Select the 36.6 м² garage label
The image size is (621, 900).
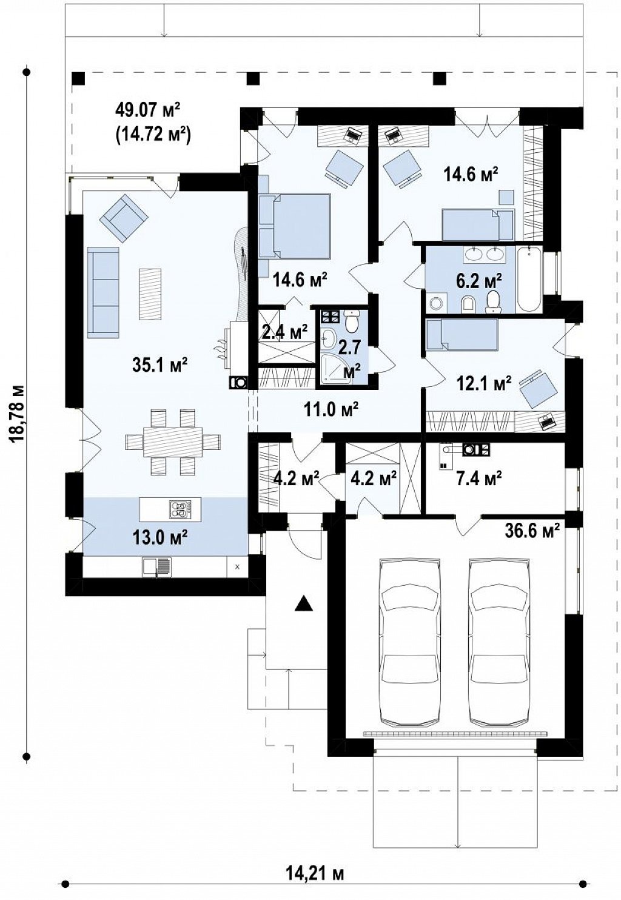[531, 531]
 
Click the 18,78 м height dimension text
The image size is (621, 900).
[18, 414]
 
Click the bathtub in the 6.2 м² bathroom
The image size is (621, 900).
[529, 279]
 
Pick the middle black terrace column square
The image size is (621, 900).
[253, 78]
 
